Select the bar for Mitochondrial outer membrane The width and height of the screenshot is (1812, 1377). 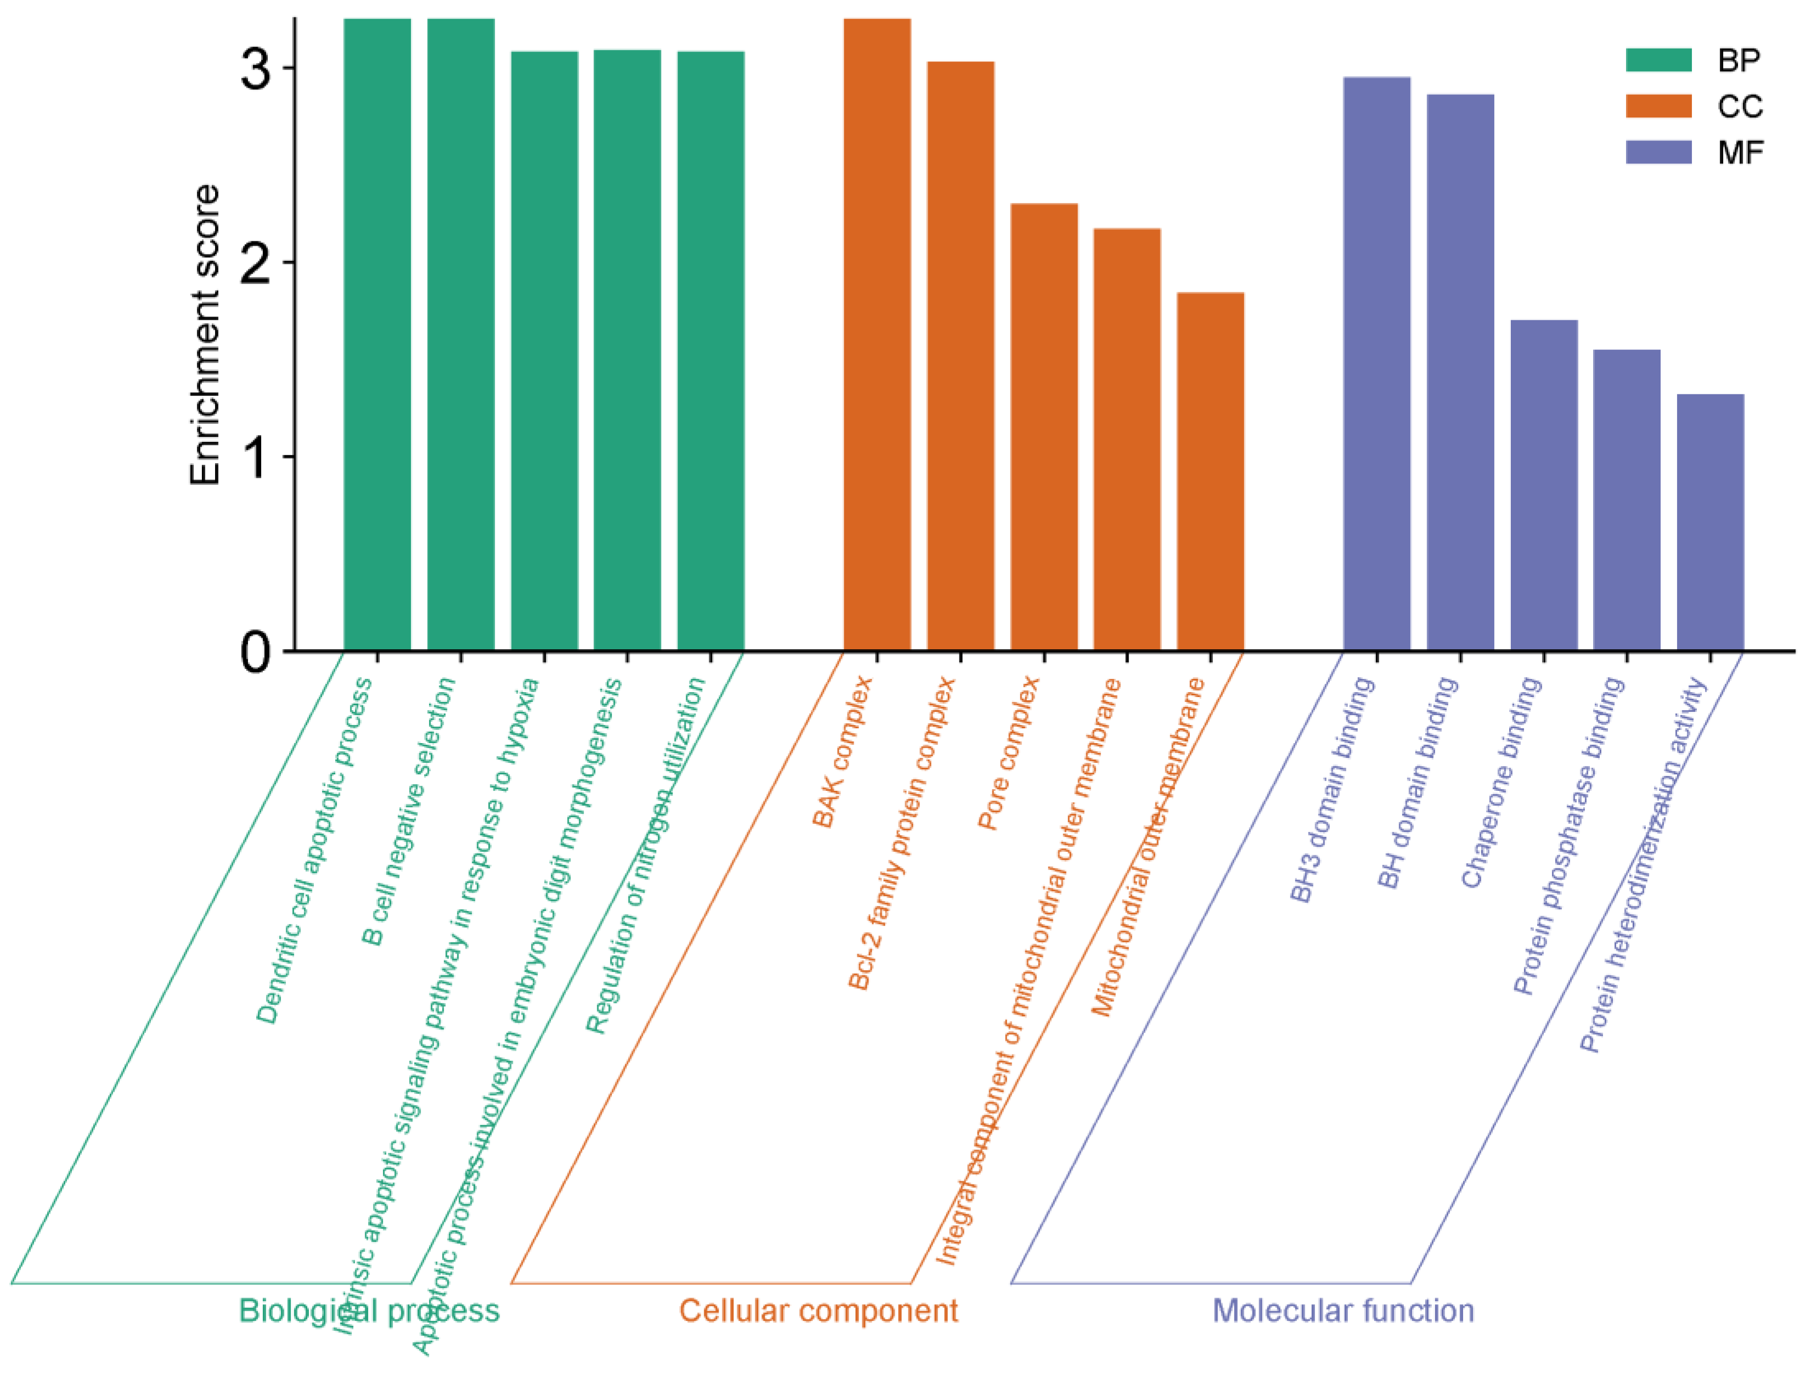pyautogui.click(x=1210, y=471)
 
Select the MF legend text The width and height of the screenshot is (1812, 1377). pyautogui.click(x=1740, y=152)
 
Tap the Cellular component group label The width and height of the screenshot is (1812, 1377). pyautogui.click(x=818, y=1311)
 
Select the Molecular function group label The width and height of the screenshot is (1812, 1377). pyautogui.click(x=1343, y=1311)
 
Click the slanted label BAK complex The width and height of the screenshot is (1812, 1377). pyautogui.click(x=842, y=752)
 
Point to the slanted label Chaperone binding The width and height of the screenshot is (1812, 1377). pyautogui.click(x=1501, y=783)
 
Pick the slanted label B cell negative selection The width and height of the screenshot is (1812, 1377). pyautogui.click(x=408, y=812)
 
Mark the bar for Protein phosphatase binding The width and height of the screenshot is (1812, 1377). pyautogui.click(x=1626, y=500)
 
